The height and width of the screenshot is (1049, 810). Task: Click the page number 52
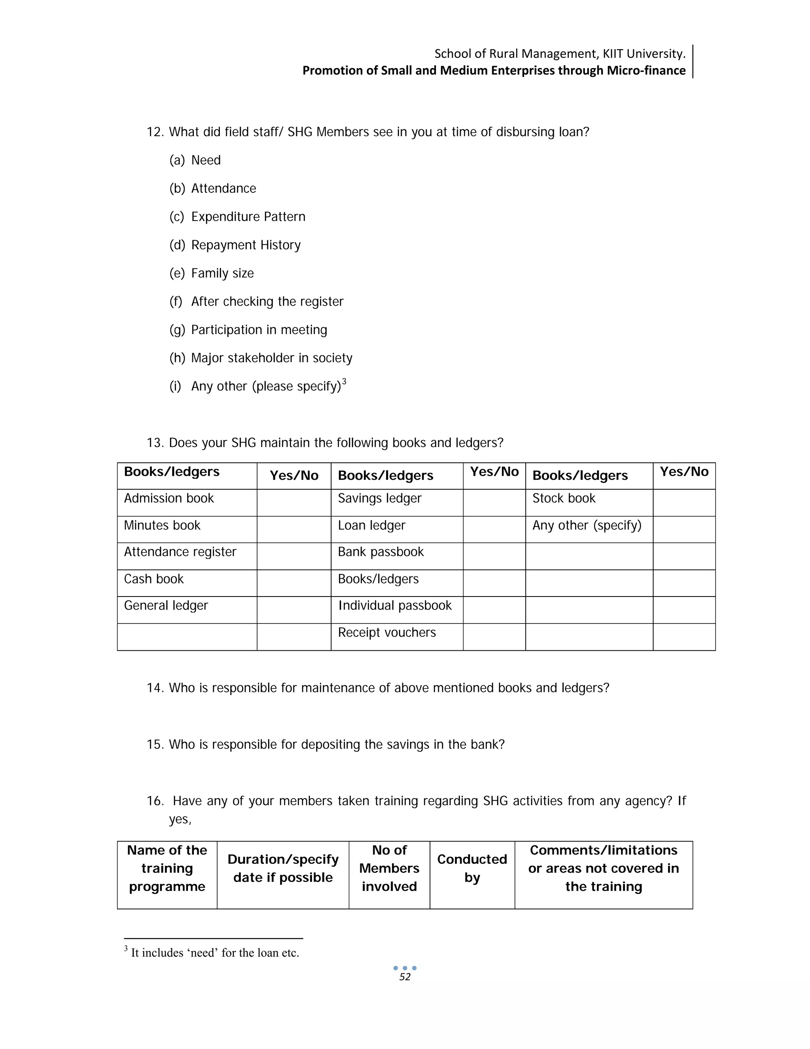tap(405, 977)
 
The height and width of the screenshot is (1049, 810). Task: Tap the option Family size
tap(222, 273)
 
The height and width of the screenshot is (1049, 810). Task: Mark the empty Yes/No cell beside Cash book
tap(294, 583)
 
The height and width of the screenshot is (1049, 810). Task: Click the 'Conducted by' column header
tap(472, 868)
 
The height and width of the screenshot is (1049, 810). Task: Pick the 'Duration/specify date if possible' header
tap(283, 868)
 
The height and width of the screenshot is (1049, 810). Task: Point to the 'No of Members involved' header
tap(389, 868)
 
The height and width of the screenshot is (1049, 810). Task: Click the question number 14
tap(155, 688)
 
